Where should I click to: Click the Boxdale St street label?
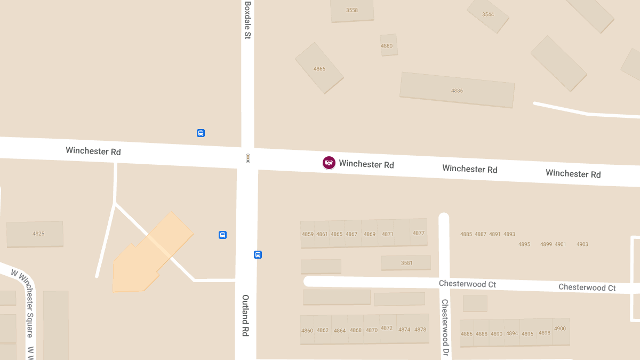pyautogui.click(x=247, y=20)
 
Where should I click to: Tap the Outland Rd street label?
pyautogui.click(x=245, y=316)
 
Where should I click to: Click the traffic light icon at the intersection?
pyautogui.click(x=247, y=158)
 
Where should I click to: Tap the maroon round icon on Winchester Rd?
pyautogui.click(x=329, y=163)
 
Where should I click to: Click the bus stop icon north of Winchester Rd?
pyautogui.click(x=201, y=133)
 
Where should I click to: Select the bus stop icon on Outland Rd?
pyautogui.click(x=258, y=254)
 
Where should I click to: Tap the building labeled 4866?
pyautogui.click(x=319, y=69)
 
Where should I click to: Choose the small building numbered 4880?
pyautogui.click(x=387, y=46)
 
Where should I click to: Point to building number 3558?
pyautogui.click(x=352, y=10)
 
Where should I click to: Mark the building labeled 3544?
pyautogui.click(x=488, y=14)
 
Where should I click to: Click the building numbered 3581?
pyautogui.click(x=407, y=262)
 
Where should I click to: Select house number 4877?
pyautogui.click(x=419, y=233)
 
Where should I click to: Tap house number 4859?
pyautogui.click(x=308, y=234)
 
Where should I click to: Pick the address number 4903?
pyautogui.click(x=582, y=244)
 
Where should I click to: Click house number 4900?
pyautogui.click(x=560, y=329)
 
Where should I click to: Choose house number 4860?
pyautogui.click(x=307, y=331)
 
